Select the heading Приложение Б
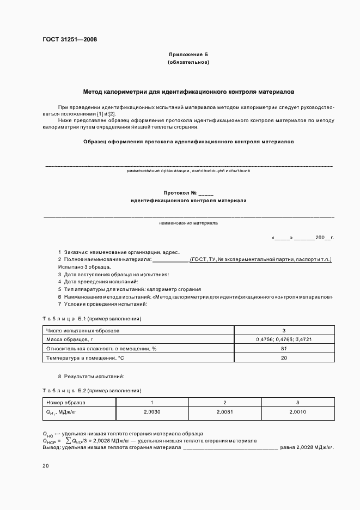[188, 55]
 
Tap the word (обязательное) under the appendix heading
[188, 62]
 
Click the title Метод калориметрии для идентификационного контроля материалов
[188, 92]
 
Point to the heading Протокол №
[188, 193]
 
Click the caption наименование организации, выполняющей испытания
[188, 171]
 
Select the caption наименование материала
[188, 223]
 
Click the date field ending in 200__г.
[302, 238]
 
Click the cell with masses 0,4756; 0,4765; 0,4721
[284, 339]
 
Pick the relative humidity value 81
[284, 349]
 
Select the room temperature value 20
[284, 358]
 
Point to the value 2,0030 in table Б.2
[152, 412]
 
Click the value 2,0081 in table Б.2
[225, 412]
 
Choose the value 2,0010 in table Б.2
[297, 412]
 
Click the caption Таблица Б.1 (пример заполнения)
[92, 318]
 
